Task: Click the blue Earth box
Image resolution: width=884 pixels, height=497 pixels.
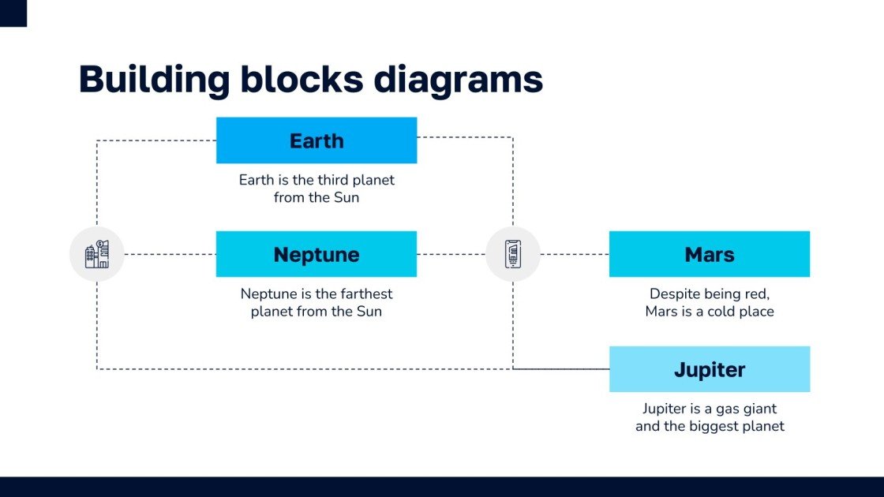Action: (316, 140)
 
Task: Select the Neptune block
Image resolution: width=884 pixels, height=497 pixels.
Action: (316, 254)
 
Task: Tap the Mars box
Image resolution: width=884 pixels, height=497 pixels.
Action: (709, 254)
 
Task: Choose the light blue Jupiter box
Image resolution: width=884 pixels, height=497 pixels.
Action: (709, 369)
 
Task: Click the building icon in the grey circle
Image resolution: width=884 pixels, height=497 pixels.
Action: (97, 254)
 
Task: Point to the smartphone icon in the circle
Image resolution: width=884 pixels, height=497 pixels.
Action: (512, 254)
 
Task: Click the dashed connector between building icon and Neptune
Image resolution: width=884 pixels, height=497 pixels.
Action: (170, 254)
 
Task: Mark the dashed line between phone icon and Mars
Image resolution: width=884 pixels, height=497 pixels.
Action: (575, 254)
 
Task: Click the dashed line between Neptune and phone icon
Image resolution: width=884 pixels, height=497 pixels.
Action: (450, 254)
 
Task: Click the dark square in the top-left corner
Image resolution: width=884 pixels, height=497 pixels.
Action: (13, 13)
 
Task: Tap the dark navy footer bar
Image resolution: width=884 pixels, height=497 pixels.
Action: (442, 486)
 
